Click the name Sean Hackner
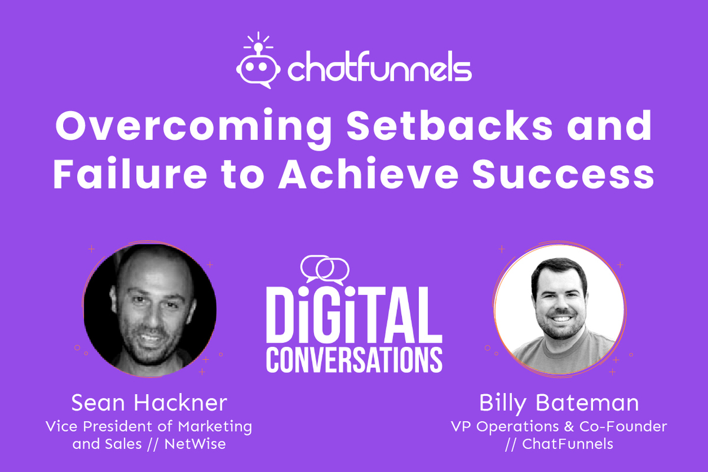coord(149,404)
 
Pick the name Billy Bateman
coord(559,404)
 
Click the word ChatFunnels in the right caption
coord(568,444)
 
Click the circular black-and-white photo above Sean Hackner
coord(149,309)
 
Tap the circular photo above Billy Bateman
coord(559,309)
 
